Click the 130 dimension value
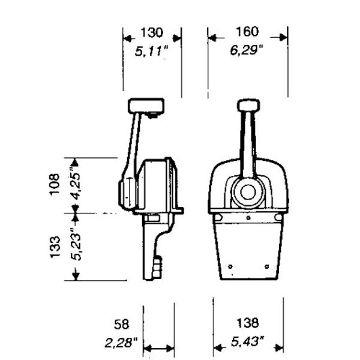click(x=152, y=32)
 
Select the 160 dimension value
click(x=247, y=31)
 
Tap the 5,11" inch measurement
click(x=152, y=51)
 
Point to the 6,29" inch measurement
click(x=247, y=50)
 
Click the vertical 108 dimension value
click(x=55, y=185)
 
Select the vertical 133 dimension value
click(x=55, y=247)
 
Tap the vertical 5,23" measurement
click(x=76, y=244)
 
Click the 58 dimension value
click(x=121, y=325)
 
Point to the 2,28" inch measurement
click(x=121, y=343)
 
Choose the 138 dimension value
click(x=247, y=323)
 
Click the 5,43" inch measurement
click(x=247, y=341)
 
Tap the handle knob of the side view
click(x=146, y=106)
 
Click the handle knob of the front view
click(x=248, y=106)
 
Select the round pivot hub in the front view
click(x=248, y=193)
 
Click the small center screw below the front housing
click(x=248, y=218)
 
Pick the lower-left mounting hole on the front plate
click(x=230, y=266)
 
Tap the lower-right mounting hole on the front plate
click(x=267, y=266)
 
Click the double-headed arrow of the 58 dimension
click(x=158, y=348)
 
